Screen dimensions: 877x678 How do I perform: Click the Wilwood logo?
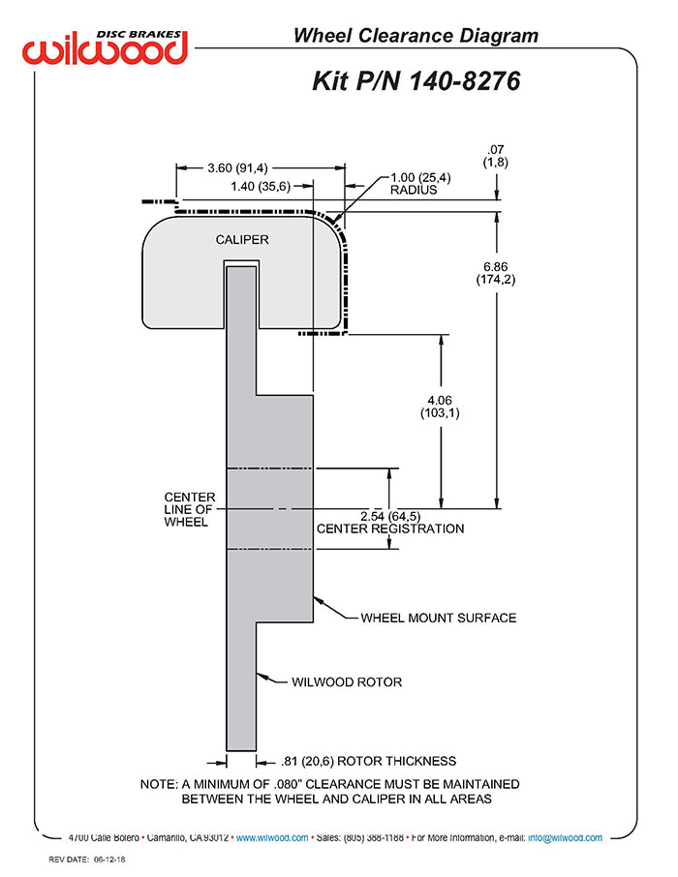click(107, 45)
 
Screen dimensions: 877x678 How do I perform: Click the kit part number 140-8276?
click(416, 81)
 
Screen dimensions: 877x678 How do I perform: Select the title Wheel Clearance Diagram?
click(416, 37)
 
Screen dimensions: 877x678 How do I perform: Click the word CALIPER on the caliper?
click(242, 239)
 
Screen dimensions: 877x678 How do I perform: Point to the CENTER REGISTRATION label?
click(390, 529)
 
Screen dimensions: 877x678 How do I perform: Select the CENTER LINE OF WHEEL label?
click(189, 509)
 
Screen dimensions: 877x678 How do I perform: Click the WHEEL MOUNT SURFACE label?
click(439, 618)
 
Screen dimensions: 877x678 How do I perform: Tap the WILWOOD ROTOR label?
click(347, 681)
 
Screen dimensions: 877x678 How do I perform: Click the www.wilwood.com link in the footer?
click(272, 838)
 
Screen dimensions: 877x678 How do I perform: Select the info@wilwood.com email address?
click(565, 838)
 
